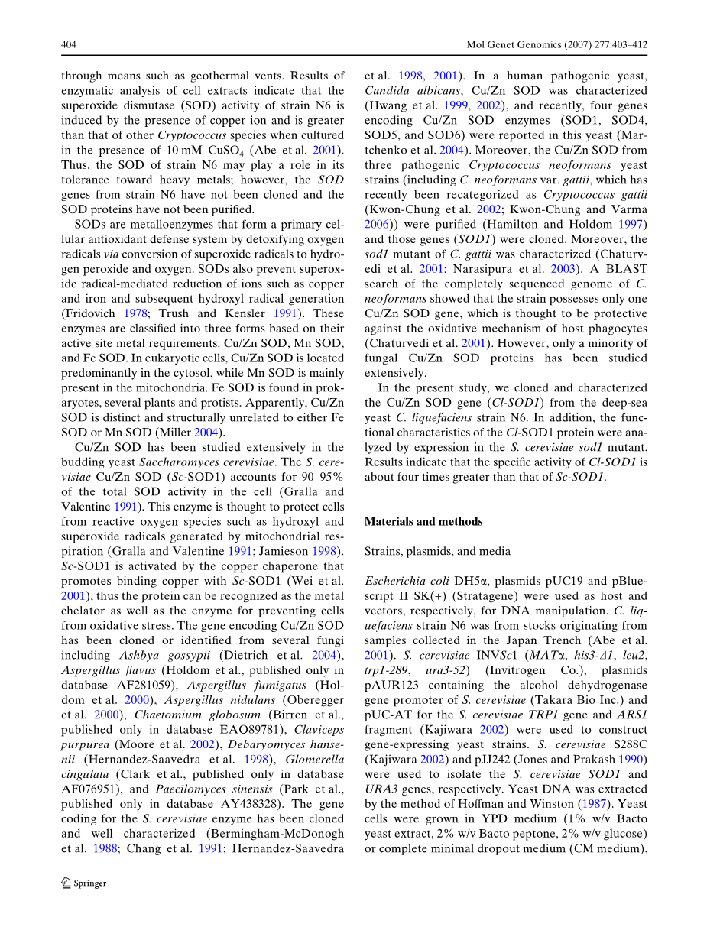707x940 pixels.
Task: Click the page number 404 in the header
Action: coord(69,45)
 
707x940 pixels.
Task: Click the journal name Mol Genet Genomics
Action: coord(515,45)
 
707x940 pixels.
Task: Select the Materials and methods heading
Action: coord(423,521)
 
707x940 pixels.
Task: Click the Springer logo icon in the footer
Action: coord(66,883)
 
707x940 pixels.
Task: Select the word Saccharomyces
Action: coord(177,462)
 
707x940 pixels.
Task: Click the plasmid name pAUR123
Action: coord(397,686)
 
